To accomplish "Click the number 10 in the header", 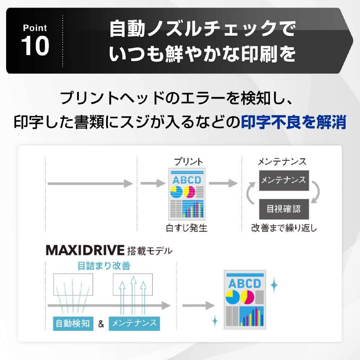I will click(x=35, y=46).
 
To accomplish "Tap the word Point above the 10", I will click(x=35, y=28).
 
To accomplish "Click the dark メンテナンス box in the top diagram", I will click(x=284, y=180).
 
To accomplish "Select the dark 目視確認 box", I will click(x=284, y=209).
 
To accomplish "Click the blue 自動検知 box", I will click(x=73, y=323).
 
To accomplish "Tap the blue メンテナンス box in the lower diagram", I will click(x=134, y=323).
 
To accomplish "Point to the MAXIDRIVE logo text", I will click(x=85, y=250).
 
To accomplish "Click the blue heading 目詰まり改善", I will click(x=104, y=266).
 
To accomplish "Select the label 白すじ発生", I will click(x=186, y=228).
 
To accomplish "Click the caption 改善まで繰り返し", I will click(x=284, y=228).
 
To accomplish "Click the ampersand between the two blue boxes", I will click(x=101, y=324).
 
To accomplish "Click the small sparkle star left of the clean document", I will click(x=215, y=320).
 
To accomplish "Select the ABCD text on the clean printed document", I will click(x=244, y=284).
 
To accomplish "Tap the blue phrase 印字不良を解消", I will click(x=293, y=123).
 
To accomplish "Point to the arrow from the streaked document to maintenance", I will click(x=223, y=184).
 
